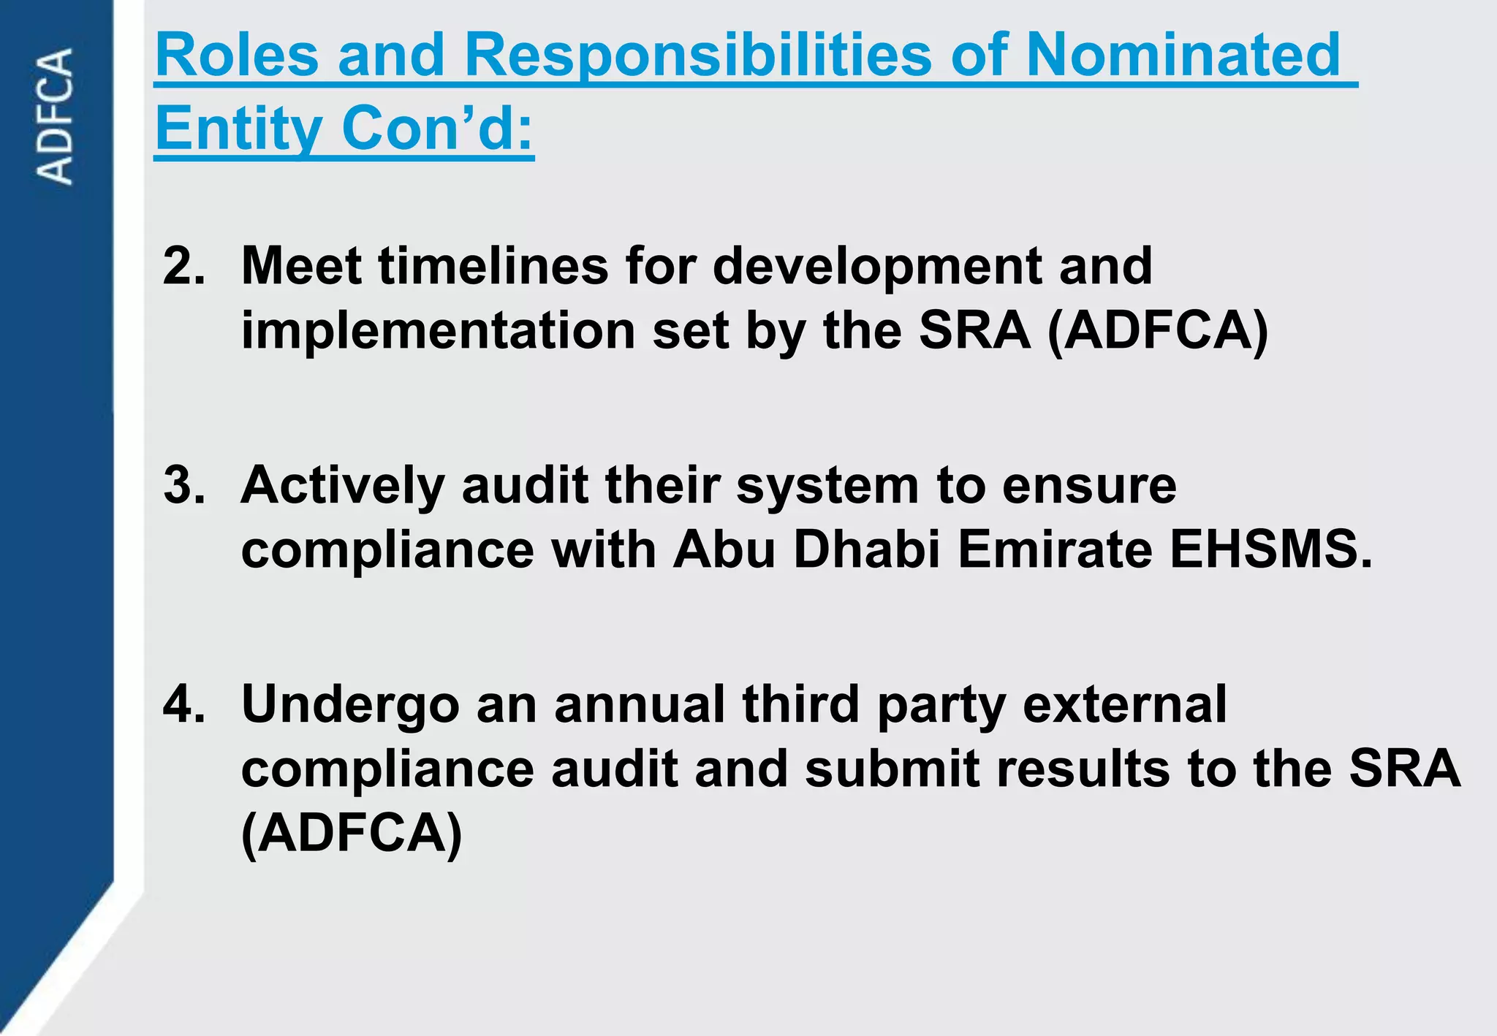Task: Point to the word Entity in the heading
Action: click(x=238, y=129)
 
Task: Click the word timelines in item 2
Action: click(x=493, y=266)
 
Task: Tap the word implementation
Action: click(x=439, y=332)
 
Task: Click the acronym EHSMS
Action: click(x=1270, y=549)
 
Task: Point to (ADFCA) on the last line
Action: click(x=352, y=834)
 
